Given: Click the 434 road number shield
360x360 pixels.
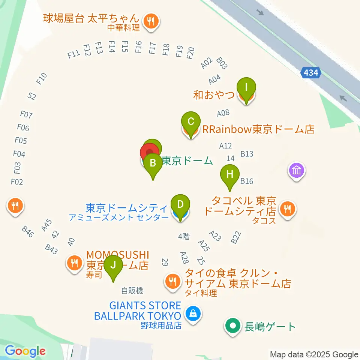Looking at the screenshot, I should coord(311,73).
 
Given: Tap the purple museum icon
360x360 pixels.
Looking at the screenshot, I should coord(297,171).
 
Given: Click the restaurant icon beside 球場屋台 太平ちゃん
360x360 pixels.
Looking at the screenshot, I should coord(151,21).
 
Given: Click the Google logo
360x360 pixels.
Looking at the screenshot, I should coord(25,351).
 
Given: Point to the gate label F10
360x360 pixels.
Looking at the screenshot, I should coord(41,78).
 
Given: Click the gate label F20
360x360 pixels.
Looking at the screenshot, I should coord(190,53).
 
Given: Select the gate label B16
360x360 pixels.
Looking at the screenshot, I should coord(247,181).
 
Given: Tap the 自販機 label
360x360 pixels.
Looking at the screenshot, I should coord(132,290).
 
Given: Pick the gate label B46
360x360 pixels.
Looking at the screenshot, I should coord(28,232).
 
